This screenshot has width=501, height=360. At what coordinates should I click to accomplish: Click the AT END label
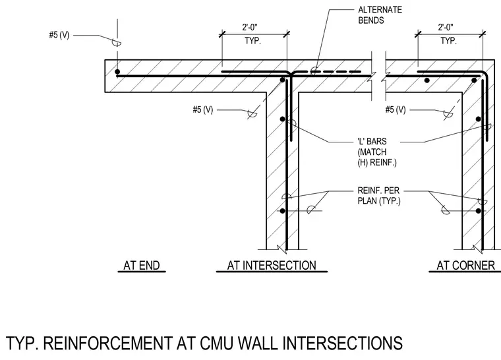(142, 266)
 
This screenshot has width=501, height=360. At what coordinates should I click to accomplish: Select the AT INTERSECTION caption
(272, 266)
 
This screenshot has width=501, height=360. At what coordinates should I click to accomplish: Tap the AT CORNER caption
(465, 266)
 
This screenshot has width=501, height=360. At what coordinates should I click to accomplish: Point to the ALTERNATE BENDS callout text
(380, 15)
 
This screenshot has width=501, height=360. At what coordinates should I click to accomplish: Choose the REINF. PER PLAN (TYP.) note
(378, 196)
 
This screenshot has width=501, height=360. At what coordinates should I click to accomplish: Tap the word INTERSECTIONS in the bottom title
(343, 343)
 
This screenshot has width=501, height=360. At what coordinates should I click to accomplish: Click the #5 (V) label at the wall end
(59, 35)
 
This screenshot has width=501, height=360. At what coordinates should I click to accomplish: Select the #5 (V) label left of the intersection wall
(202, 109)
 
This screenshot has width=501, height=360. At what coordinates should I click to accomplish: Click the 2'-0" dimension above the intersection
(250, 28)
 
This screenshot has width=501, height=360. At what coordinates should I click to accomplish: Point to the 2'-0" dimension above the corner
(446, 28)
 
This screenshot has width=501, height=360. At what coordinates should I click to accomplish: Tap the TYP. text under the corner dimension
(449, 41)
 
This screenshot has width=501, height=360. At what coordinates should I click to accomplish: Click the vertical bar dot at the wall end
(117, 72)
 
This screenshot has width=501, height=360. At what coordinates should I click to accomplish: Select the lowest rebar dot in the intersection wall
(282, 211)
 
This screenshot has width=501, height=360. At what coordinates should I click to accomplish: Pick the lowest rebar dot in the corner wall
(479, 211)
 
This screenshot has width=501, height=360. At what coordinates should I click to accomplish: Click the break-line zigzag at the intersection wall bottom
(281, 248)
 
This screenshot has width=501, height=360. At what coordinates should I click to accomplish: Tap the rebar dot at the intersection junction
(282, 80)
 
